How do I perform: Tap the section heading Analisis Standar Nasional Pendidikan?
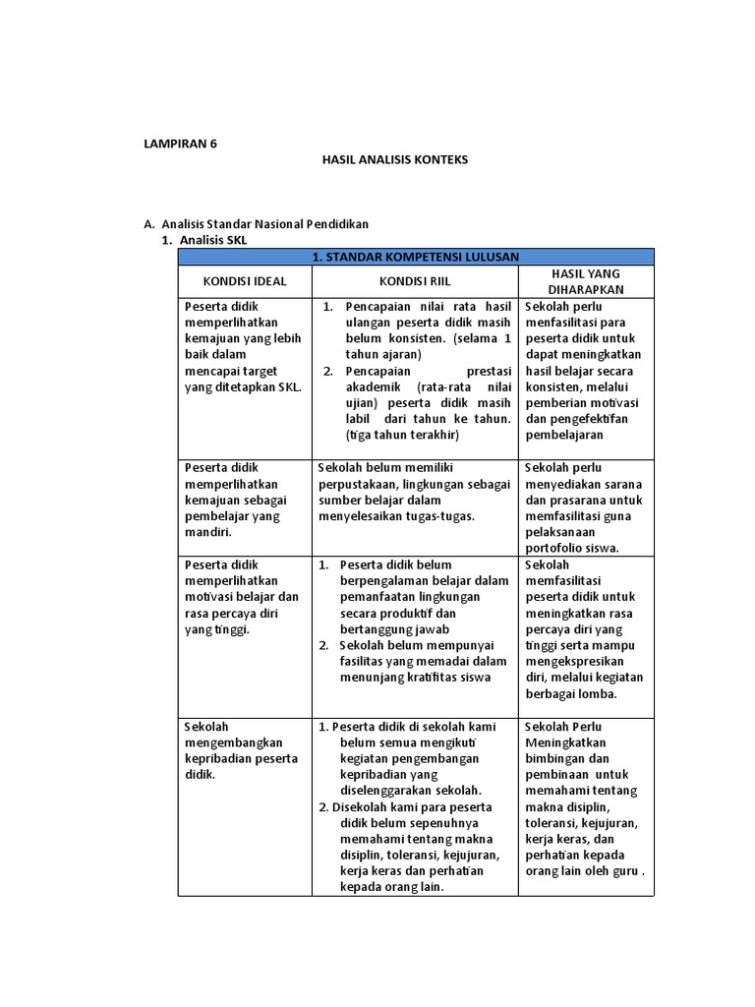point(264,224)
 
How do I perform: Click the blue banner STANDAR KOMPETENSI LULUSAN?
point(415,257)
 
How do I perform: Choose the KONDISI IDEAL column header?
point(245,281)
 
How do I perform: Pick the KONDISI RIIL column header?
point(415,281)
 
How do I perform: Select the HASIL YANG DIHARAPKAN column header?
point(586,281)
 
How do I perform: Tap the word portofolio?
point(558,548)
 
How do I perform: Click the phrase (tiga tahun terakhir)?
point(403,435)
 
